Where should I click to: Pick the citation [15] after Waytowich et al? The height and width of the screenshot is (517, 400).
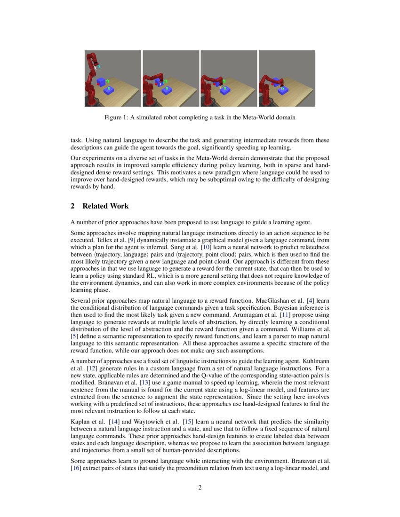187,422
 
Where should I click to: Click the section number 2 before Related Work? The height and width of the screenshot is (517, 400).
73,206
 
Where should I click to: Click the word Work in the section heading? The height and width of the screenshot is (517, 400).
120,206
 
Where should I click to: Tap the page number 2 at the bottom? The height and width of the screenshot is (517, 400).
200,487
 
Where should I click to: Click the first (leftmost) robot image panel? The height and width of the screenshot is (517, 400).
113,78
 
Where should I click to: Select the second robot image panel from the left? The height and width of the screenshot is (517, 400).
171,78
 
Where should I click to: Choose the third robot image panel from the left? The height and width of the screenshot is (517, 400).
229,78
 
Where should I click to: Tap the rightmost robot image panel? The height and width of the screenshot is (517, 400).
287,78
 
